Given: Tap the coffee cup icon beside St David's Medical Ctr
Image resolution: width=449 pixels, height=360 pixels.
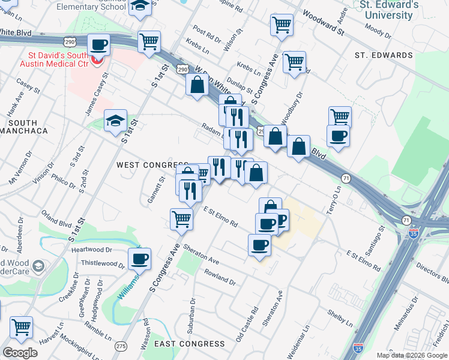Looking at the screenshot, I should click(x=98, y=44).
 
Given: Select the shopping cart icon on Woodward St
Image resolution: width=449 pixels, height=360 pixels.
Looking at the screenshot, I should click(x=281, y=25).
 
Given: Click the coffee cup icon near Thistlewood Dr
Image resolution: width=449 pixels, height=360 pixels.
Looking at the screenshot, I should click(x=139, y=259).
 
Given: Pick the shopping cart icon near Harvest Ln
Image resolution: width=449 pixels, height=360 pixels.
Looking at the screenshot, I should click(x=21, y=328).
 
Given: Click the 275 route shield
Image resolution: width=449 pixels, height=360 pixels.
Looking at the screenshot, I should click(x=121, y=346).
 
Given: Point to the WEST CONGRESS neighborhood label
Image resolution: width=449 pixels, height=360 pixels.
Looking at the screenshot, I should click(x=152, y=165).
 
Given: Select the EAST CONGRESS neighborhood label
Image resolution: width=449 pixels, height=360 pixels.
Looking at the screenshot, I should click(x=190, y=344).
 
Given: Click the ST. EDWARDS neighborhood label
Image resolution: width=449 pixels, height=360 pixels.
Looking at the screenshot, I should click(x=384, y=55).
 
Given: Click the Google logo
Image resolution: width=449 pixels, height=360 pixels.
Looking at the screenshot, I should click(x=20, y=353).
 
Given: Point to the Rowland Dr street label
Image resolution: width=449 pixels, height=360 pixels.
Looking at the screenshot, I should click(x=219, y=277).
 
